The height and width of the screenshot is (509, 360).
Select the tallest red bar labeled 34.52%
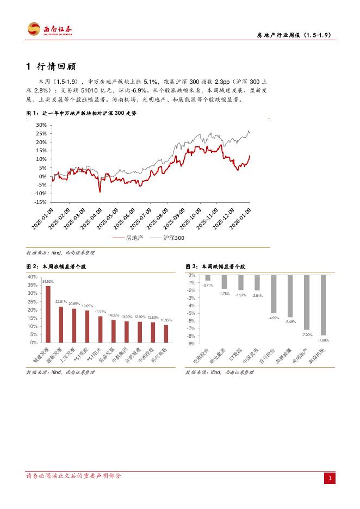[48, 314]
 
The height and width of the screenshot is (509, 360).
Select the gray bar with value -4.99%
[274, 294]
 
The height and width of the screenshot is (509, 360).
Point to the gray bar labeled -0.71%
[207, 278]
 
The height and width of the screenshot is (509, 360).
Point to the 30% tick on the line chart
[41, 125]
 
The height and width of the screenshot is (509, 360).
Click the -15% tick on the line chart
[40, 202]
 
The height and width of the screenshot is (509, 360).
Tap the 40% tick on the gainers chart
[32, 277]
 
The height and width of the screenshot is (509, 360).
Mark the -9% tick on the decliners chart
[191, 344]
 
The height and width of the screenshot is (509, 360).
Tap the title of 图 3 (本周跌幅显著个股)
[215, 267]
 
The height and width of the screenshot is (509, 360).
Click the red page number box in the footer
[330, 479]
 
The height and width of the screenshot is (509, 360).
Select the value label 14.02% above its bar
[113, 315]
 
